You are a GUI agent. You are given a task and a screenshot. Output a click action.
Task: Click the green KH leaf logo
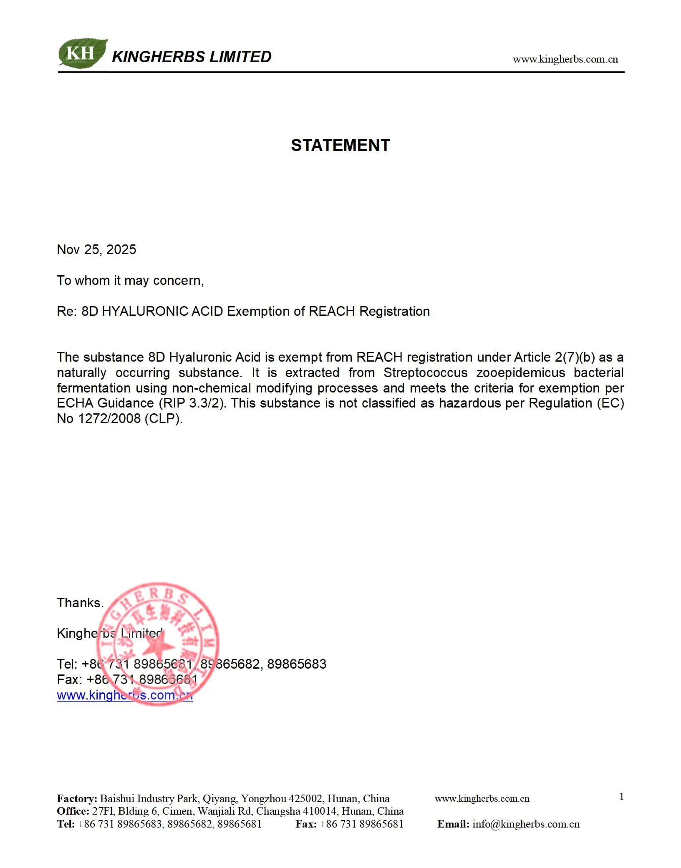[82, 53]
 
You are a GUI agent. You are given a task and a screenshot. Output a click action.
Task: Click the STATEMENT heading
[340, 145]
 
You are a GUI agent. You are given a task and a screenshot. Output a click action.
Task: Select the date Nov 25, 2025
[96, 249]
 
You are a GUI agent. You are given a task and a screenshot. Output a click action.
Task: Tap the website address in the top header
[565, 59]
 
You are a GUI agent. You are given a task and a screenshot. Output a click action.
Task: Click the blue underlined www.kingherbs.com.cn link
[125, 695]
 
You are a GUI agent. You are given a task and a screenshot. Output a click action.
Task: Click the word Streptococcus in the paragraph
[425, 372]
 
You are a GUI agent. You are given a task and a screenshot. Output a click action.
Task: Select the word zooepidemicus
[520, 372]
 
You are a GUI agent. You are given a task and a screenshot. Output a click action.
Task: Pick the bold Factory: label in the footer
[77, 799]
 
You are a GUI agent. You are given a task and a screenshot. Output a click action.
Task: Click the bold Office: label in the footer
[73, 811]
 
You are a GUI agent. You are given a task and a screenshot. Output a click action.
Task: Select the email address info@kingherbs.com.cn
[526, 824]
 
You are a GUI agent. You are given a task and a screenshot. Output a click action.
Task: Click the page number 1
[621, 797]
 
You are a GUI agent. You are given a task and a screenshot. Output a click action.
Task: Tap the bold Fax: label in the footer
[306, 824]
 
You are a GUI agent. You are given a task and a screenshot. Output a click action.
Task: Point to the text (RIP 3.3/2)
[192, 403]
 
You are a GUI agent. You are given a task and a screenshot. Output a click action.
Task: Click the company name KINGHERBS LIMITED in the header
[192, 57]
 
